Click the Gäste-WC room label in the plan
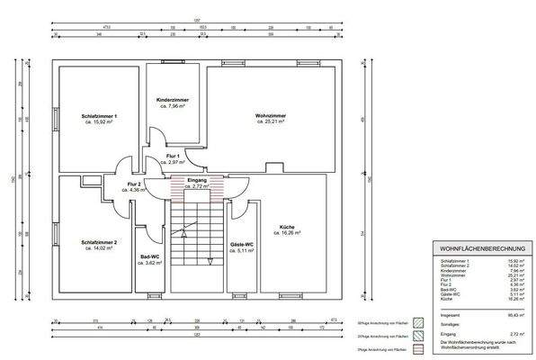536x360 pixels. coord(242,245)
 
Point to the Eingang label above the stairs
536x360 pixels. coord(197,181)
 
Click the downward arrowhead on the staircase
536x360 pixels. coord(210,262)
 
